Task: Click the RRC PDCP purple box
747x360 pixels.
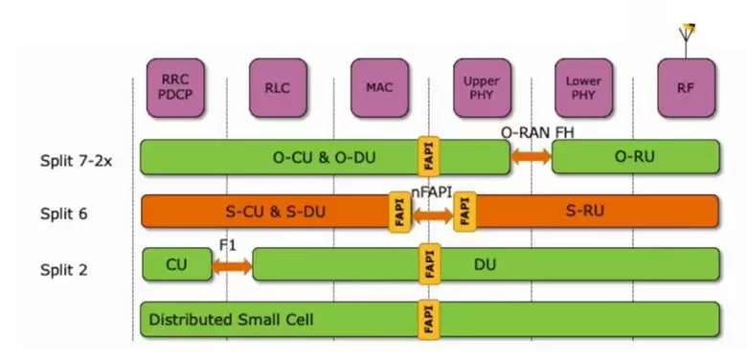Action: click(x=175, y=87)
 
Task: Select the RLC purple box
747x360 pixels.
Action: click(x=278, y=87)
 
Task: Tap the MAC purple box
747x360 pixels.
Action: click(x=379, y=87)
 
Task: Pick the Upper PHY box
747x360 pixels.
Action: click(x=482, y=87)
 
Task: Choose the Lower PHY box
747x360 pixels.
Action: click(x=583, y=87)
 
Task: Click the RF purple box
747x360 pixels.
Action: click(x=686, y=87)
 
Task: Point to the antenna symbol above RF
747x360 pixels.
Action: click(x=686, y=34)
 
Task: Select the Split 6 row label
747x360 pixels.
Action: click(x=64, y=213)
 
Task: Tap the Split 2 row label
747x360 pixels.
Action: click(x=64, y=268)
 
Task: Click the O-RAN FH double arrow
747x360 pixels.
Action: click(x=531, y=157)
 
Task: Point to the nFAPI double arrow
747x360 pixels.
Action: click(x=432, y=215)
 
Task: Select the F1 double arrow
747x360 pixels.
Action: click(x=232, y=265)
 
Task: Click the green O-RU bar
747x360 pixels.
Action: click(x=635, y=157)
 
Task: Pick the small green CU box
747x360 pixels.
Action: click(x=177, y=264)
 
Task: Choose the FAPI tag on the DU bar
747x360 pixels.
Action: click(x=429, y=264)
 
